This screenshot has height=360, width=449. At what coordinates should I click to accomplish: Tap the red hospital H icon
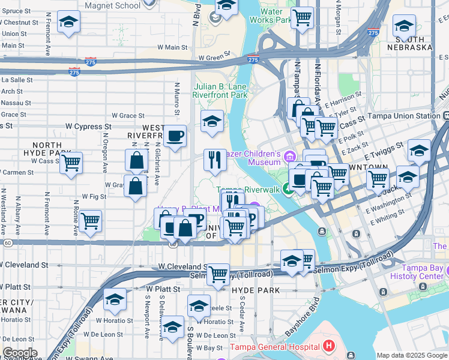click(x=328, y=346)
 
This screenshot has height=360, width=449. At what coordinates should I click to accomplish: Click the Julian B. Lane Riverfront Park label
click(x=220, y=91)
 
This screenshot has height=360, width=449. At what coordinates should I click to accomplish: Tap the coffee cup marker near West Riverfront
click(x=175, y=136)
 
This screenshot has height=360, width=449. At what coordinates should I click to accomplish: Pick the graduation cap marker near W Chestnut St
click(x=69, y=23)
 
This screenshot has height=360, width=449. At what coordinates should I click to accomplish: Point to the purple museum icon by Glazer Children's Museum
click(x=291, y=157)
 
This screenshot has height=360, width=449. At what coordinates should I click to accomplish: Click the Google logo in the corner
click(x=19, y=353)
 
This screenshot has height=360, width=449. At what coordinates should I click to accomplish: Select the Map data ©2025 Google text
click(x=412, y=355)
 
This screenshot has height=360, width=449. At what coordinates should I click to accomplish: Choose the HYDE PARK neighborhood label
click(x=256, y=290)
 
